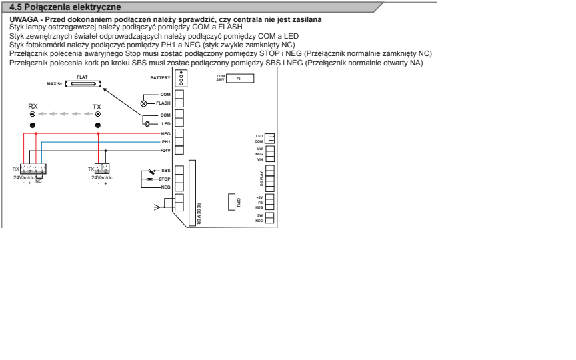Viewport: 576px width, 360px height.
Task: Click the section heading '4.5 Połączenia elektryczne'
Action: [65, 7]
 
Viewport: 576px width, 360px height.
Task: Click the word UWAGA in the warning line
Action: [23, 19]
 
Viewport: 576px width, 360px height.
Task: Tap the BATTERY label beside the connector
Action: [160, 78]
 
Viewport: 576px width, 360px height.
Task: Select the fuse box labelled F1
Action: [240, 78]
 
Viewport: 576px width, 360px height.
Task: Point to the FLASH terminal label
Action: [163, 103]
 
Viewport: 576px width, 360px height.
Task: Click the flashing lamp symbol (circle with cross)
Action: [143, 103]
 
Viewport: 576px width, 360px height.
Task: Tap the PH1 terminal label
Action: [166, 142]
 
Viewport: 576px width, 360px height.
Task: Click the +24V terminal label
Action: [165, 151]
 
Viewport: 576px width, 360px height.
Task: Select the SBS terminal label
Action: [166, 171]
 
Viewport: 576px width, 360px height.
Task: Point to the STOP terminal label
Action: [165, 179]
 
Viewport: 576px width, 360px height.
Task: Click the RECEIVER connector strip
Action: [192, 193]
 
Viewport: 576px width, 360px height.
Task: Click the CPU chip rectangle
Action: [231, 202]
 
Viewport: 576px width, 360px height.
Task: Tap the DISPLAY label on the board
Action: [261, 179]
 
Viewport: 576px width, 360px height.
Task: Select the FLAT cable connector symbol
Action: [83, 84]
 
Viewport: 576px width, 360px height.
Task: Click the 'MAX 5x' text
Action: [55, 84]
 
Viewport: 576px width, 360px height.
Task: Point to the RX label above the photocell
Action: [33, 106]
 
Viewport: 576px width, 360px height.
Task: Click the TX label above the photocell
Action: [97, 107]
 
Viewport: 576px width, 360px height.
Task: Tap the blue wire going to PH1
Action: [101, 142]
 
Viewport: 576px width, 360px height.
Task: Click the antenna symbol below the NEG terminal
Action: [157, 207]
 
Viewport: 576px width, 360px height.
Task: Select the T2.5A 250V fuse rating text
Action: [221, 78]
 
